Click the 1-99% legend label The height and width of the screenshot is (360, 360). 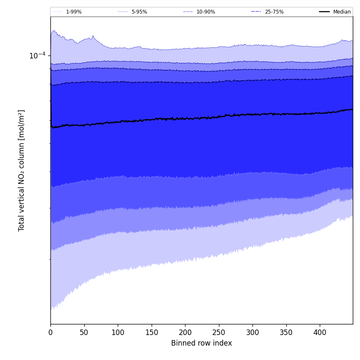tap(74, 12)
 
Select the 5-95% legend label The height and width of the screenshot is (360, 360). tap(139, 12)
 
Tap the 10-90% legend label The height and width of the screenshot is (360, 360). tap(205, 12)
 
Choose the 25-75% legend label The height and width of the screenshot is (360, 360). tap(274, 12)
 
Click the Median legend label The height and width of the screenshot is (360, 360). tap(342, 12)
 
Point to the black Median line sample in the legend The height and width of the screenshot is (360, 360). tap(324, 12)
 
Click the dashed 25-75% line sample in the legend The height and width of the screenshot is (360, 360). tap(256, 12)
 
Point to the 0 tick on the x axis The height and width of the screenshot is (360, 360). tap(50, 333)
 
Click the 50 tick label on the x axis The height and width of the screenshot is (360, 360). tap(84, 333)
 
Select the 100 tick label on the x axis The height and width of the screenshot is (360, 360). tap(118, 333)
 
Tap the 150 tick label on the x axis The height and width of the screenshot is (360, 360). tap(152, 333)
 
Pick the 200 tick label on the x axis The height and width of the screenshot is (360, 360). tap(185, 333)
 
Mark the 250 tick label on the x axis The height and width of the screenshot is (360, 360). tap(219, 333)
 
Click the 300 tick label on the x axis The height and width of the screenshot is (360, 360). tap(252, 333)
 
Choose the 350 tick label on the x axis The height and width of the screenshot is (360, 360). tap(286, 333)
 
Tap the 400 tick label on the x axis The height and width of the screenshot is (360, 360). tap(320, 333)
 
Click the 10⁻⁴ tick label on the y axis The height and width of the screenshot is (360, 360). tap(37, 55)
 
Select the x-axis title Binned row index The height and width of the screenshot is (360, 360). tap(202, 343)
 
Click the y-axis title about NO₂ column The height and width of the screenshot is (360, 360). tap(22, 170)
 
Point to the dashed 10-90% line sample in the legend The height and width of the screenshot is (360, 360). tap(188, 12)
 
